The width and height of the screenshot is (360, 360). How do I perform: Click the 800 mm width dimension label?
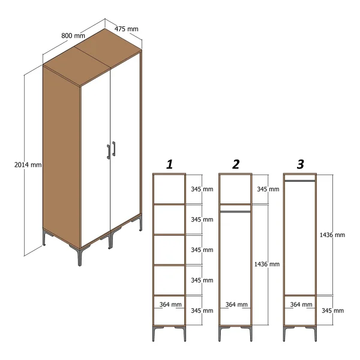click(x=73, y=35)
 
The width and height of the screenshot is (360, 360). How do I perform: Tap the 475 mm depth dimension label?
click(x=126, y=29)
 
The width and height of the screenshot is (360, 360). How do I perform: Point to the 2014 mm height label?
click(x=28, y=164)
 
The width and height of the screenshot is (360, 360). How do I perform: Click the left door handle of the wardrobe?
click(x=109, y=152)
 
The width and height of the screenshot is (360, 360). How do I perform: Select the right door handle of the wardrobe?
click(x=113, y=149)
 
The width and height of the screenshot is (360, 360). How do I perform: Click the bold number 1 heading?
click(x=169, y=164)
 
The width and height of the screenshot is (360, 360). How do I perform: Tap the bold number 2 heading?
click(x=236, y=164)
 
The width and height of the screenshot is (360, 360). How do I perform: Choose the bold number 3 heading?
click(x=301, y=164)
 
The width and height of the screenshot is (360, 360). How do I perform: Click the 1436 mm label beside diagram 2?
click(x=267, y=264)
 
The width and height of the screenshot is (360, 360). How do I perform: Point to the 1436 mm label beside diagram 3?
click(x=332, y=235)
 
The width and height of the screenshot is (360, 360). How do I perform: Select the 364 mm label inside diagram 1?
click(x=170, y=304)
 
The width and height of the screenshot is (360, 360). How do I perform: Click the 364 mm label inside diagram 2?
click(x=236, y=304)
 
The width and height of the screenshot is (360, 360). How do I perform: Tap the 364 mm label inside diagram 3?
click(x=301, y=304)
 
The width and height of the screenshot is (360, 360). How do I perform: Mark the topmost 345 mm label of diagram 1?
click(x=202, y=189)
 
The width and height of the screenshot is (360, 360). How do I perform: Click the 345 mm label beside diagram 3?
click(x=332, y=311)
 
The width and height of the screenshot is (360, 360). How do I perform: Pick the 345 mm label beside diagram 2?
click(x=268, y=189)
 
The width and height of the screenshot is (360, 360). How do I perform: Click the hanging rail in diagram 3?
click(x=300, y=181)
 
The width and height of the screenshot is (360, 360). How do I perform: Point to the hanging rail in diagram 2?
click(x=235, y=211)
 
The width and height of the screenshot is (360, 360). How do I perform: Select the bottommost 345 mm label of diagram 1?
click(x=202, y=311)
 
